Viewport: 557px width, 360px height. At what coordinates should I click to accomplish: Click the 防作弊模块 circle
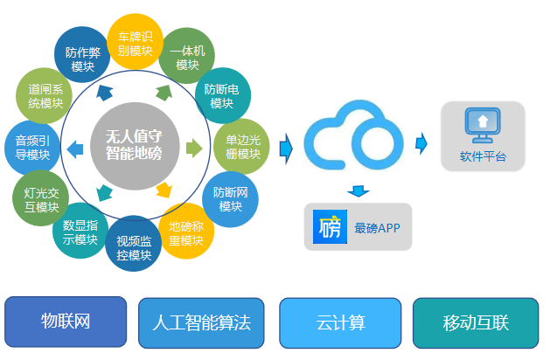tap(82, 52)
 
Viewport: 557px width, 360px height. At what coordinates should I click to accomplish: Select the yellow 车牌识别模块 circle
tap(136, 40)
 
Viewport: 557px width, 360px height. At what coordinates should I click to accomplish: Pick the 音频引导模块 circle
tap(32, 146)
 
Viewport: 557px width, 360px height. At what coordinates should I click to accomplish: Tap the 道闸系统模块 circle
tap(45, 94)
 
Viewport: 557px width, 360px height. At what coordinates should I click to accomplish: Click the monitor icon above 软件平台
tap(482, 124)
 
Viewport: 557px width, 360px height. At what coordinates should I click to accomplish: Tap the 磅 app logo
tap(330, 227)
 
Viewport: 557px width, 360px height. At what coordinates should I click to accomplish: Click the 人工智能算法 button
tap(201, 322)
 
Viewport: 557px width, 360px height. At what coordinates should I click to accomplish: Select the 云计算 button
tap(340, 322)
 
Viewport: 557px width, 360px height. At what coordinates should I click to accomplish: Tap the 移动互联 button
tap(475, 322)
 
